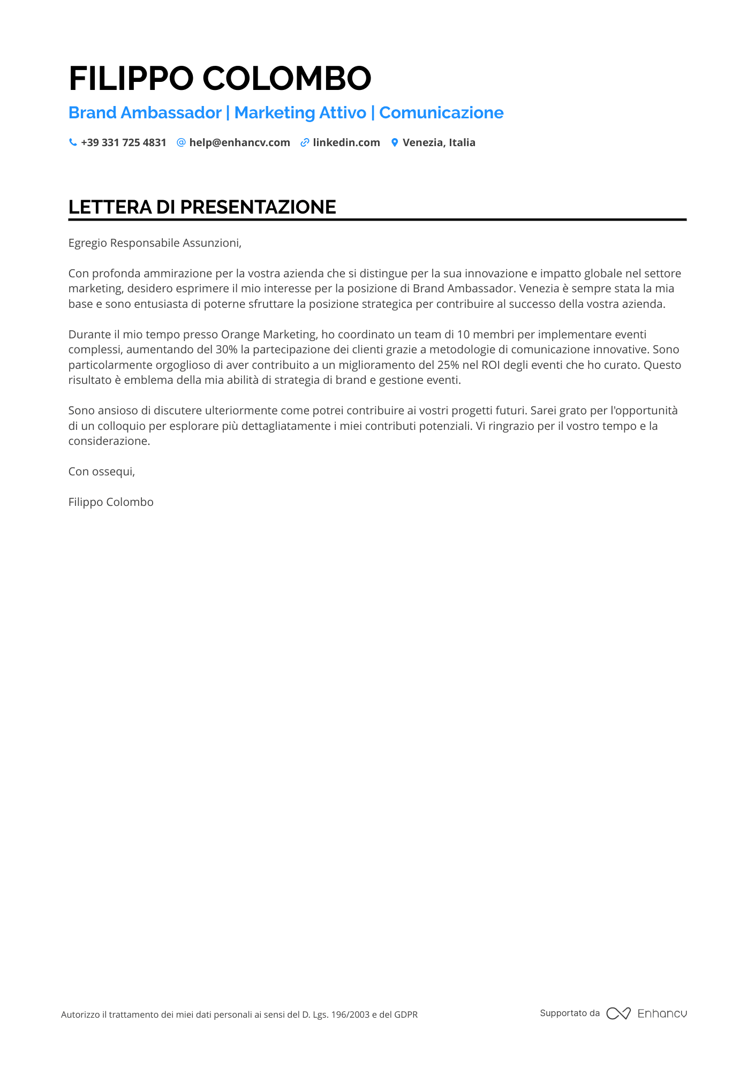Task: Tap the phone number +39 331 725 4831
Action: [x=124, y=142]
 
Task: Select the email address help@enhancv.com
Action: [x=239, y=142]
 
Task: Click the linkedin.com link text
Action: [x=346, y=142]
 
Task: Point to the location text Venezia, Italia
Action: [x=439, y=142]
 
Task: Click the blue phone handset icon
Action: [x=73, y=142]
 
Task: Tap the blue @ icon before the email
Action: [x=181, y=142]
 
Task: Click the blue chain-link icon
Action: [x=305, y=142]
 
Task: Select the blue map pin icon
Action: [x=395, y=142]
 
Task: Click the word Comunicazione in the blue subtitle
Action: [x=441, y=113]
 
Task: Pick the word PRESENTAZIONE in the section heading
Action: [x=258, y=207]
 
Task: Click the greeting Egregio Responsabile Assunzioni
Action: [x=155, y=243]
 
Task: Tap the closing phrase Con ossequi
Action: [x=102, y=472]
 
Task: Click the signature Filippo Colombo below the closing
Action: [x=111, y=502]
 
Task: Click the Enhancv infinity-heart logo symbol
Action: [x=618, y=1013]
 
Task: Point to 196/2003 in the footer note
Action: [x=350, y=1014]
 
